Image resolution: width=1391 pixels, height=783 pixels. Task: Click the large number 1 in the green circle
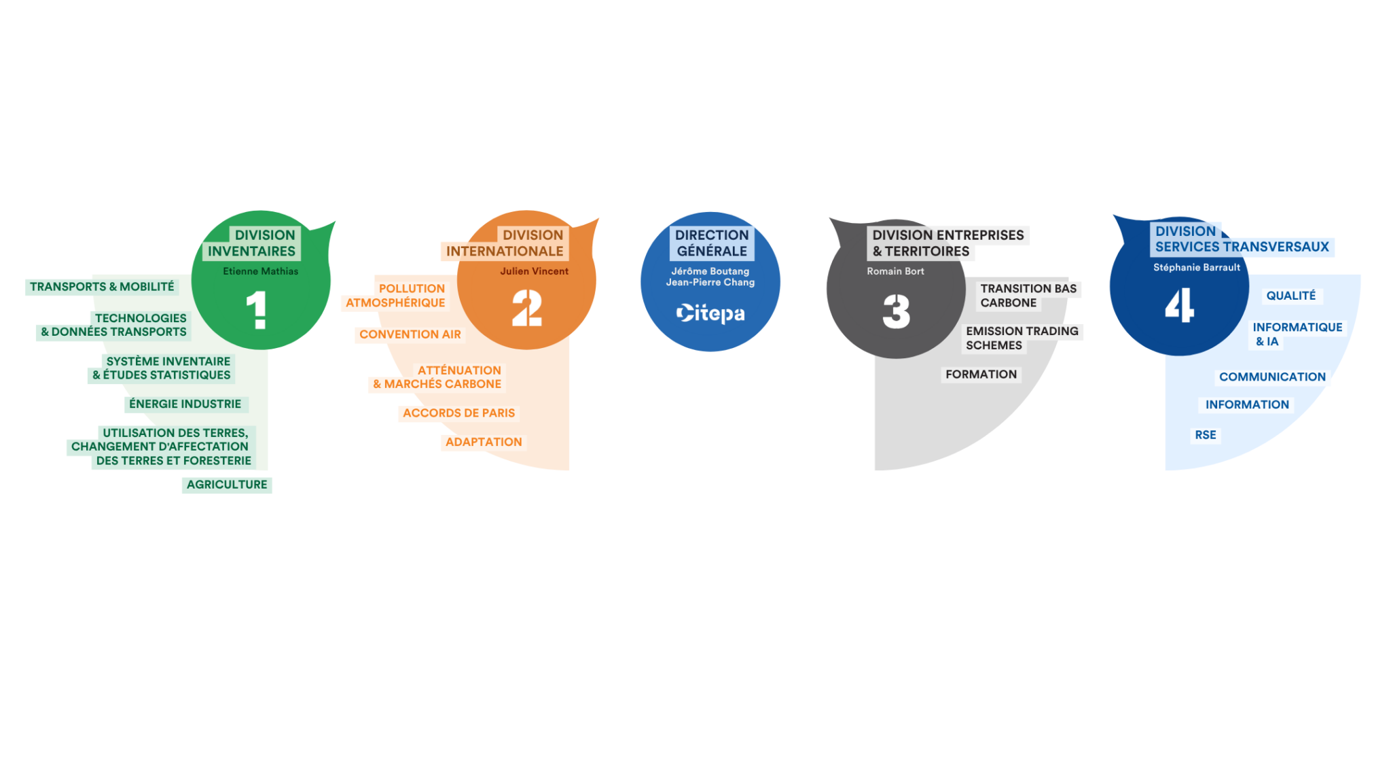[x=257, y=310]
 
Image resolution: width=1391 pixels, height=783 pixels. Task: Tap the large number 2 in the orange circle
[x=527, y=308]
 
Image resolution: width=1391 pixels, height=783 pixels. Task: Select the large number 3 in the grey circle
[x=897, y=311]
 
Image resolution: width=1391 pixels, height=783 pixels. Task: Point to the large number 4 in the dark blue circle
[x=1180, y=304]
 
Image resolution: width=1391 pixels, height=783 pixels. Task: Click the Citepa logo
[x=710, y=313]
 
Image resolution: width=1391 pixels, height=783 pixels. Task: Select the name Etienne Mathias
[x=261, y=271]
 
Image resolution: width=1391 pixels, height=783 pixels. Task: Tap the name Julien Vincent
[x=535, y=271]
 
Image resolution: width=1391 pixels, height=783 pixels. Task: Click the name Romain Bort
[x=895, y=271]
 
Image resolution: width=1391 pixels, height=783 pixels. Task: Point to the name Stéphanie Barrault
[x=1197, y=267]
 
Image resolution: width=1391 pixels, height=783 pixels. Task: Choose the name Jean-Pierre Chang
[x=710, y=282]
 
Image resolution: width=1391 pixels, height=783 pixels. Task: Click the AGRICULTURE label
[x=227, y=485]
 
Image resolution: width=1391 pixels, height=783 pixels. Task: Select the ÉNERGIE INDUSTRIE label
[x=185, y=404]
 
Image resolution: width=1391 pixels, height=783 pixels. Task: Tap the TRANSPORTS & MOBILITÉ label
[x=102, y=287]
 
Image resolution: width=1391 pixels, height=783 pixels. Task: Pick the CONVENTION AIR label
[x=410, y=334]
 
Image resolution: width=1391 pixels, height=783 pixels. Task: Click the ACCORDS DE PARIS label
[x=459, y=413]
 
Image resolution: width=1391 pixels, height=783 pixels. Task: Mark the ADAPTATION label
[x=484, y=442]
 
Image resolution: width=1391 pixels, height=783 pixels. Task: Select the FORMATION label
[x=981, y=375]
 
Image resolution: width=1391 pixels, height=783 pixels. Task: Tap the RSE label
[x=1206, y=435]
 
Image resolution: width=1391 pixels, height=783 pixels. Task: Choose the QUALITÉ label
[x=1291, y=296]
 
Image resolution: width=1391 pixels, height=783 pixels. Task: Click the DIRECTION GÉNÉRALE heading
[x=712, y=243]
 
